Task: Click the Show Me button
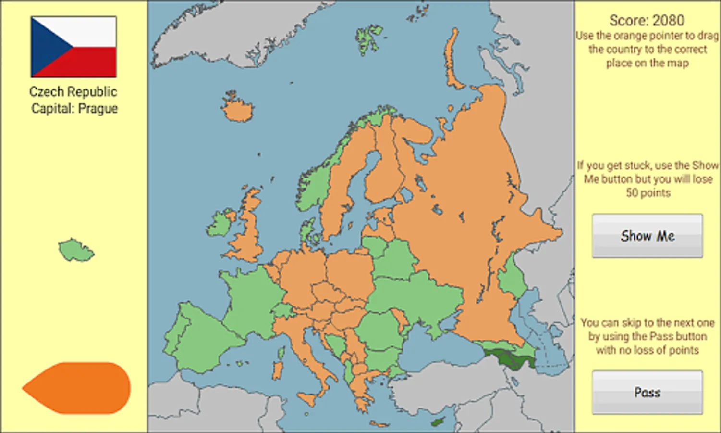pos(647,236)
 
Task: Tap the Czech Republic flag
pos(73,47)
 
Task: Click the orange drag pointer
pos(77,388)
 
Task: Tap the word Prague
pos(98,109)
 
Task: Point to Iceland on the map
pos(237,109)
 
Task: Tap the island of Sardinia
pos(278,369)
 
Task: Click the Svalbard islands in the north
pos(369,38)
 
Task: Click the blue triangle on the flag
pos(48,47)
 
